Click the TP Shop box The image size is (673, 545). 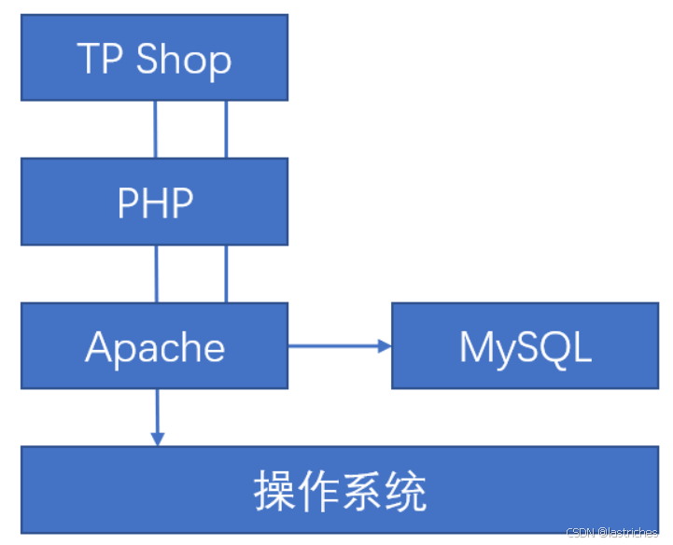pyautogui.click(x=154, y=57)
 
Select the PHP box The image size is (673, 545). pyautogui.click(x=154, y=201)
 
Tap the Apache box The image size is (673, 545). pyautogui.click(x=154, y=345)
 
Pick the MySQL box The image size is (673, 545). pyautogui.click(x=525, y=345)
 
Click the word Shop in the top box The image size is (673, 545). pyautogui.click(x=184, y=59)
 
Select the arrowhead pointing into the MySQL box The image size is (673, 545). pyautogui.click(x=385, y=346)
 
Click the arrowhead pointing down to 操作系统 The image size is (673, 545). pyautogui.click(x=157, y=438)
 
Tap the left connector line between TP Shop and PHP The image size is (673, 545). pyautogui.click(x=156, y=129)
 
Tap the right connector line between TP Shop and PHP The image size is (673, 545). pyautogui.click(x=226, y=129)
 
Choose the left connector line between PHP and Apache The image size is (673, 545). pyautogui.click(x=156, y=273)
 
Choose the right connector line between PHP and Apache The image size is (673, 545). pyautogui.click(x=226, y=273)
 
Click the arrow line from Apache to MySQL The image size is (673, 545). pyautogui.click(x=331, y=346)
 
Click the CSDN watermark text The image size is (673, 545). pyautogui.click(x=611, y=533)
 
